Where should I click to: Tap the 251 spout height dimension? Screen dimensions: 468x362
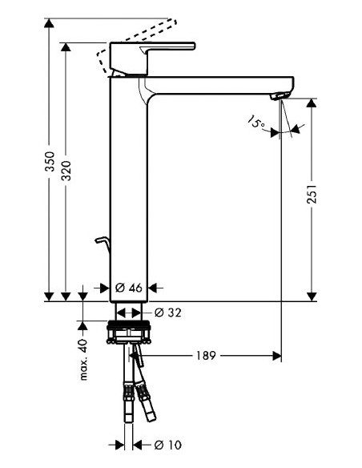315,196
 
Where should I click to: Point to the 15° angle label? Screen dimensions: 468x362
256,123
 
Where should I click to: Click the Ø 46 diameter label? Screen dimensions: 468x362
130,288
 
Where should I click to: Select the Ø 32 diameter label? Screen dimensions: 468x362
166,313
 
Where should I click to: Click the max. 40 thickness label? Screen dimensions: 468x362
82,358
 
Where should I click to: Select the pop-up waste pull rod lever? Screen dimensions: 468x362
99,243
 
